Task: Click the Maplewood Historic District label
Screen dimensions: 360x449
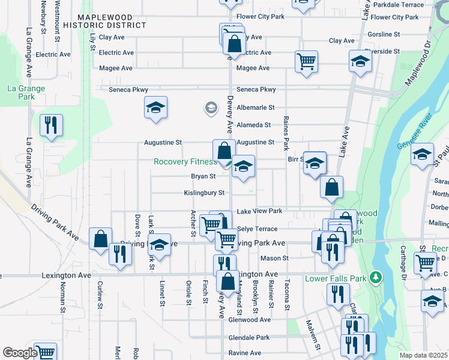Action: pyautogui.click(x=112, y=21)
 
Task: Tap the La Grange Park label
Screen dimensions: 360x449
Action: pyautogui.click(x=26, y=92)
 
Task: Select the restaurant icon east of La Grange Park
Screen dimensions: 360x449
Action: pyautogui.click(x=50, y=125)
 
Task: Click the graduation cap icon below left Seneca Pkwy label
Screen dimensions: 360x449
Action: pyautogui.click(x=155, y=107)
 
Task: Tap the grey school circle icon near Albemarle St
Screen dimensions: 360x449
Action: pyautogui.click(x=211, y=108)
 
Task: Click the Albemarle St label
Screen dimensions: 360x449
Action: pyautogui.click(x=255, y=107)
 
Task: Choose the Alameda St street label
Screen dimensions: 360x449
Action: pyautogui.click(x=253, y=125)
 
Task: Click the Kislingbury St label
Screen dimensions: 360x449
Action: pyautogui.click(x=204, y=193)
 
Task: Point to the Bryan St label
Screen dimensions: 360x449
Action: pyautogui.click(x=203, y=176)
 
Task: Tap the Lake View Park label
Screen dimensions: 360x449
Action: pyautogui.click(x=259, y=211)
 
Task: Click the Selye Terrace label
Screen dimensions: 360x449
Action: pyautogui.click(x=258, y=229)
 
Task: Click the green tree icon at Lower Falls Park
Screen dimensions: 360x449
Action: pyautogui.click(x=376, y=277)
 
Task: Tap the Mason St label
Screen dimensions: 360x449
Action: pyautogui.click(x=274, y=258)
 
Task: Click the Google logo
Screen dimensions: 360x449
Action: pyautogui.click(x=20, y=353)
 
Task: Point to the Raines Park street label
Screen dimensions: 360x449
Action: pyautogui.click(x=286, y=133)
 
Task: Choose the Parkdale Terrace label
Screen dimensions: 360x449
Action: pyautogui.click(x=415, y=4)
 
